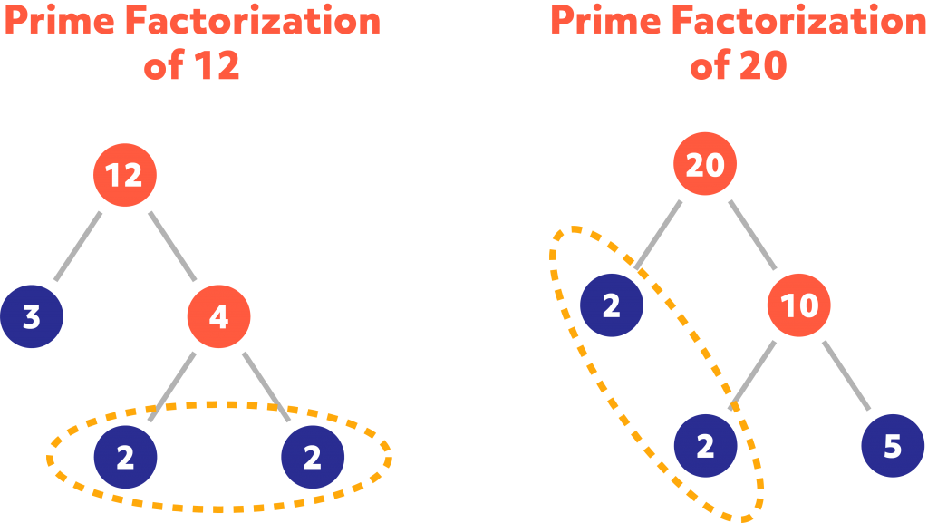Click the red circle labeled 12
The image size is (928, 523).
point(125,174)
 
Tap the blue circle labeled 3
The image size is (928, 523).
point(32,317)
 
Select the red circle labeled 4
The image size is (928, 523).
point(218,317)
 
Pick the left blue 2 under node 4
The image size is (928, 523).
point(125,457)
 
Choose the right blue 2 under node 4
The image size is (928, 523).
point(313,457)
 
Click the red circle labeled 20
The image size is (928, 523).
point(705,165)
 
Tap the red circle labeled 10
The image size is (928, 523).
point(799,306)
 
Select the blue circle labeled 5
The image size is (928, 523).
point(893,446)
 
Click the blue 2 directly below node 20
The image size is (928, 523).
point(612,306)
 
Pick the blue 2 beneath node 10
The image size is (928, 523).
point(705,446)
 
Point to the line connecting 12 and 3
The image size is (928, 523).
point(79,246)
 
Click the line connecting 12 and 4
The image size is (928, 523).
point(172,246)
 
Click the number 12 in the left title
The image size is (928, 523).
point(217,67)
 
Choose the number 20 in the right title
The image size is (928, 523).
point(763,67)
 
